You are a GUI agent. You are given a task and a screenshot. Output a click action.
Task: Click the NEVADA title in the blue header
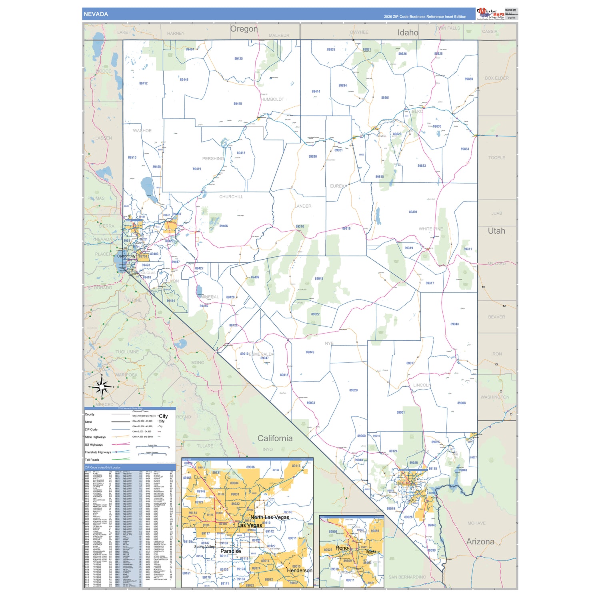coord(96,14)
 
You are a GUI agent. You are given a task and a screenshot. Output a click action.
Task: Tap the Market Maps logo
coord(491,13)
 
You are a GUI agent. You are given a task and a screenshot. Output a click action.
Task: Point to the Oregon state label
coord(244,29)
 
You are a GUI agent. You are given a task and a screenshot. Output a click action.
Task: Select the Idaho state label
coord(408,33)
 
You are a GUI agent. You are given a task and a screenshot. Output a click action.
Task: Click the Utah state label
coord(496,231)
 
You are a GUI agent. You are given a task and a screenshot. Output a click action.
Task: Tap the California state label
coord(275,438)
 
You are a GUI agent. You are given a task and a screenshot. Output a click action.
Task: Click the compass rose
coord(102,387)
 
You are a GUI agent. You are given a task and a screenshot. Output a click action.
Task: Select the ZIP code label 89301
coord(413,212)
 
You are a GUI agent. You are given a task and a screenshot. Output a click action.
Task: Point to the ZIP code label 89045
coord(319,279)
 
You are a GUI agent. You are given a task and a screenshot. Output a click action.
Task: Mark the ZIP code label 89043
coord(454,324)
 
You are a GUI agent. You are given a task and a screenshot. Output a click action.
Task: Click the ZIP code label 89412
coord(143,84)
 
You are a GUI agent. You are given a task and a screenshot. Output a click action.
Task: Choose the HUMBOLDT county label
coord(272,99)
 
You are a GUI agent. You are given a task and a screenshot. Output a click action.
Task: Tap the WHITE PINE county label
coord(431,229)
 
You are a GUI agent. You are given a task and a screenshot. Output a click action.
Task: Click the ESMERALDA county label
coord(262,354)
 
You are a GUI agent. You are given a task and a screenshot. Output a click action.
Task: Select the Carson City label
coord(126,256)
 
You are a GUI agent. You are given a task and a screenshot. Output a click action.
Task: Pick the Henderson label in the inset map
coord(299,570)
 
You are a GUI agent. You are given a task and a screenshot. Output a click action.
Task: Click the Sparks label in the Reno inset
coord(371,551)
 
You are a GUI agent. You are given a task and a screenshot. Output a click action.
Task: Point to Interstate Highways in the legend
coord(98,452)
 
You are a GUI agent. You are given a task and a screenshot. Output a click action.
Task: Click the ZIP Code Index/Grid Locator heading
coord(102,467)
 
